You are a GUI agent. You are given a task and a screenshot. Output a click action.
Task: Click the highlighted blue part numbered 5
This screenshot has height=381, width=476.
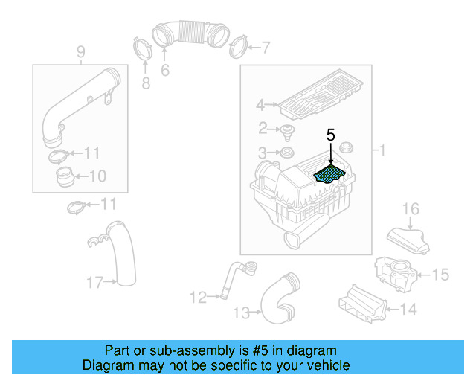[330, 175]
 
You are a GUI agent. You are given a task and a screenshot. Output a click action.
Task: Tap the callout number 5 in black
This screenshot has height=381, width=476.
[331, 135]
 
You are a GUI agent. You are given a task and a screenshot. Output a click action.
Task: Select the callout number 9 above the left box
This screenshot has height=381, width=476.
[80, 51]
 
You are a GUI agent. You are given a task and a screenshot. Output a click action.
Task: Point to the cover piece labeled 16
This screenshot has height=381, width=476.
[408, 239]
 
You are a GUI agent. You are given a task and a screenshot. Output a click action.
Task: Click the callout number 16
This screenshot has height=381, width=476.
[411, 208]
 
